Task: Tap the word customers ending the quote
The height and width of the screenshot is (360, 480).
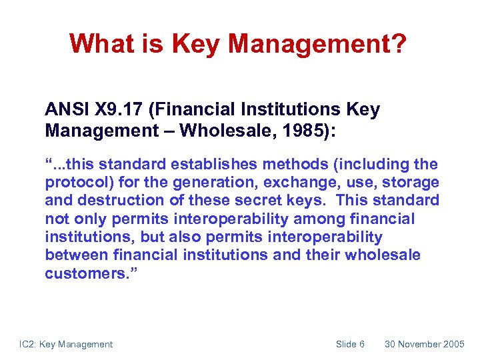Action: (79, 274)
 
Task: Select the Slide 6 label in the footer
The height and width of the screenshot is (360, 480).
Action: (350, 344)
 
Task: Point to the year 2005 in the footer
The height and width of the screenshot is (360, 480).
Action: (454, 344)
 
